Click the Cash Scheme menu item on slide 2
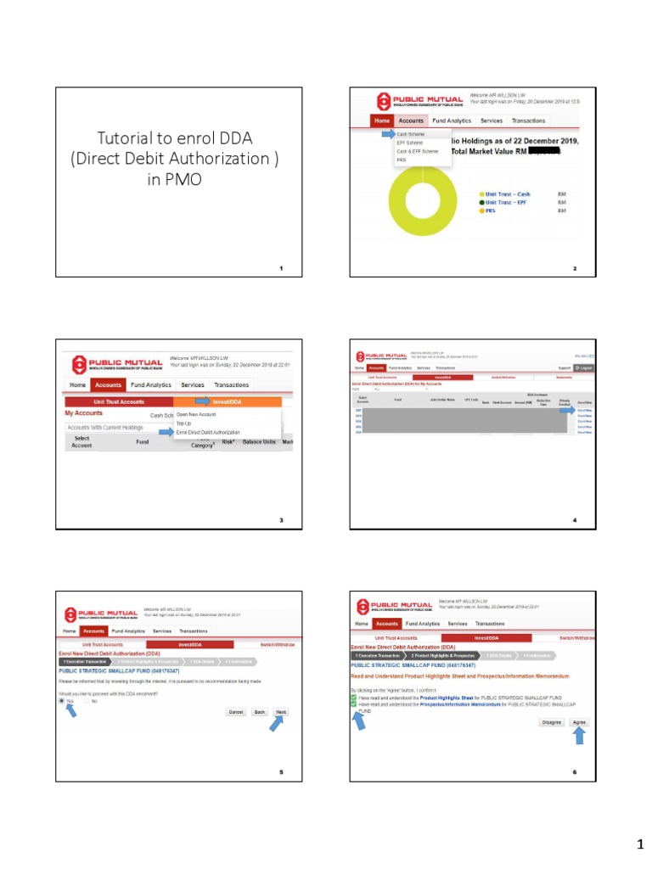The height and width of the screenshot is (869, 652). click(411, 134)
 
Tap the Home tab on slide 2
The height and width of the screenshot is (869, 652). click(381, 121)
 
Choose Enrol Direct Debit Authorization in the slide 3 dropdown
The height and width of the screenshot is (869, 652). click(208, 432)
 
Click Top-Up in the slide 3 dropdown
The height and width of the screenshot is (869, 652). click(183, 423)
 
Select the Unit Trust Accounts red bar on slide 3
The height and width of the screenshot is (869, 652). click(119, 401)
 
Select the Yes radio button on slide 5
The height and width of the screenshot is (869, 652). click(61, 701)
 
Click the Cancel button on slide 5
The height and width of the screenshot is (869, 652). click(235, 712)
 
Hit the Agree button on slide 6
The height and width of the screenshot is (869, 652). click(579, 721)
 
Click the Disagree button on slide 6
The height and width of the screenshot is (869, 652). click(552, 721)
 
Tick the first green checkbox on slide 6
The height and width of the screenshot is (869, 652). click(354, 697)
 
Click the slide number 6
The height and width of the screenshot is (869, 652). click(575, 773)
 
